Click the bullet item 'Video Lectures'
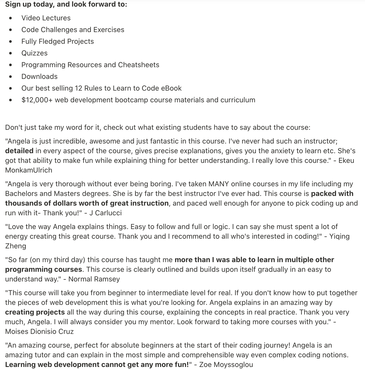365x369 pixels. coord(46,18)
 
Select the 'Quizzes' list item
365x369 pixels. coord(34,53)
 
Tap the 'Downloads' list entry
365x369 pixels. coord(39,77)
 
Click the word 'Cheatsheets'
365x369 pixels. coord(138,65)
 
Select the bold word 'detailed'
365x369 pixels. coord(19,151)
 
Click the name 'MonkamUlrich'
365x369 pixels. coord(29,170)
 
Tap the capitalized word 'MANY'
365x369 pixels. coord(219,184)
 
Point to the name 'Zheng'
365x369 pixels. coord(16,246)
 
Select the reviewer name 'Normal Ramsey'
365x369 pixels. coord(94,279)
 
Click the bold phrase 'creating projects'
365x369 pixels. coord(35,312)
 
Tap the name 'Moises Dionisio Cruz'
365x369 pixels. coord(39,332)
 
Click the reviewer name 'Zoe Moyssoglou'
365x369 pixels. coord(226,365)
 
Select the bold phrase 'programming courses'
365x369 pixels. coord(44,269)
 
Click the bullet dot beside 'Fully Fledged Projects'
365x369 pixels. coord(10,41)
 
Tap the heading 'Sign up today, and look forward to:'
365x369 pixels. coord(66,4)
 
